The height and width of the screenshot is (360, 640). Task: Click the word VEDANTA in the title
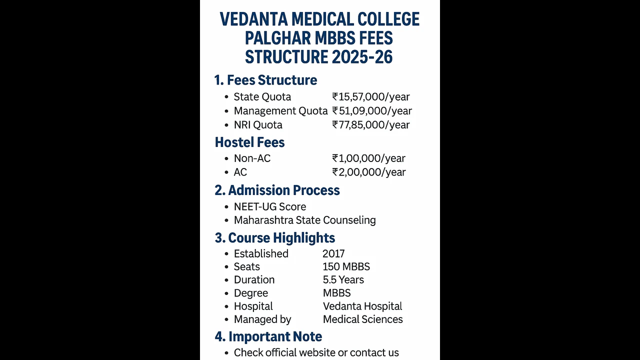coord(253,19)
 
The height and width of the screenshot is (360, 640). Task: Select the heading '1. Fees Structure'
coord(265,80)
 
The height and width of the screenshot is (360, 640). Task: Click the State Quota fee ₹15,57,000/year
coord(371,97)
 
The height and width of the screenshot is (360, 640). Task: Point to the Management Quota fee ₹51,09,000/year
coord(372,111)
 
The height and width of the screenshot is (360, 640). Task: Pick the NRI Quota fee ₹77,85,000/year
coord(371,125)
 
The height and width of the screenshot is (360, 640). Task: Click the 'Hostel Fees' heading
coord(249,142)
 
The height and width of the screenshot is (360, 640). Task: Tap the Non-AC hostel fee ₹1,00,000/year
coord(368,158)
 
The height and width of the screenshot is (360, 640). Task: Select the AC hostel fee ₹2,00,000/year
coord(369,172)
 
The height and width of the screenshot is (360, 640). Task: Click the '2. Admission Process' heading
coord(277,190)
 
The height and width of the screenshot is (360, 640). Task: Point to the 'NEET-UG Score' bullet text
coord(269,207)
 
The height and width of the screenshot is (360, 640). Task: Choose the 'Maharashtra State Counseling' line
coord(304,220)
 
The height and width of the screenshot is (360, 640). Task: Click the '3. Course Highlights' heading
coord(275,238)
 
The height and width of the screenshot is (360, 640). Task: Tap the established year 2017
coord(333,254)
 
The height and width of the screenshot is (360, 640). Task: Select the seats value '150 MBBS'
coord(346,267)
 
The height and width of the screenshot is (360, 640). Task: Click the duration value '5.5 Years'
coord(343,280)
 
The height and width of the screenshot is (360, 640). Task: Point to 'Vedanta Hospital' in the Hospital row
coord(362,306)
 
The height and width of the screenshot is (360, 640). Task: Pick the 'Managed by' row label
coord(262,319)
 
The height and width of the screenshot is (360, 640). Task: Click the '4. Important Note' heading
coord(268,336)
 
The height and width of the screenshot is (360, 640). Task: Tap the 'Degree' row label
coord(251,293)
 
